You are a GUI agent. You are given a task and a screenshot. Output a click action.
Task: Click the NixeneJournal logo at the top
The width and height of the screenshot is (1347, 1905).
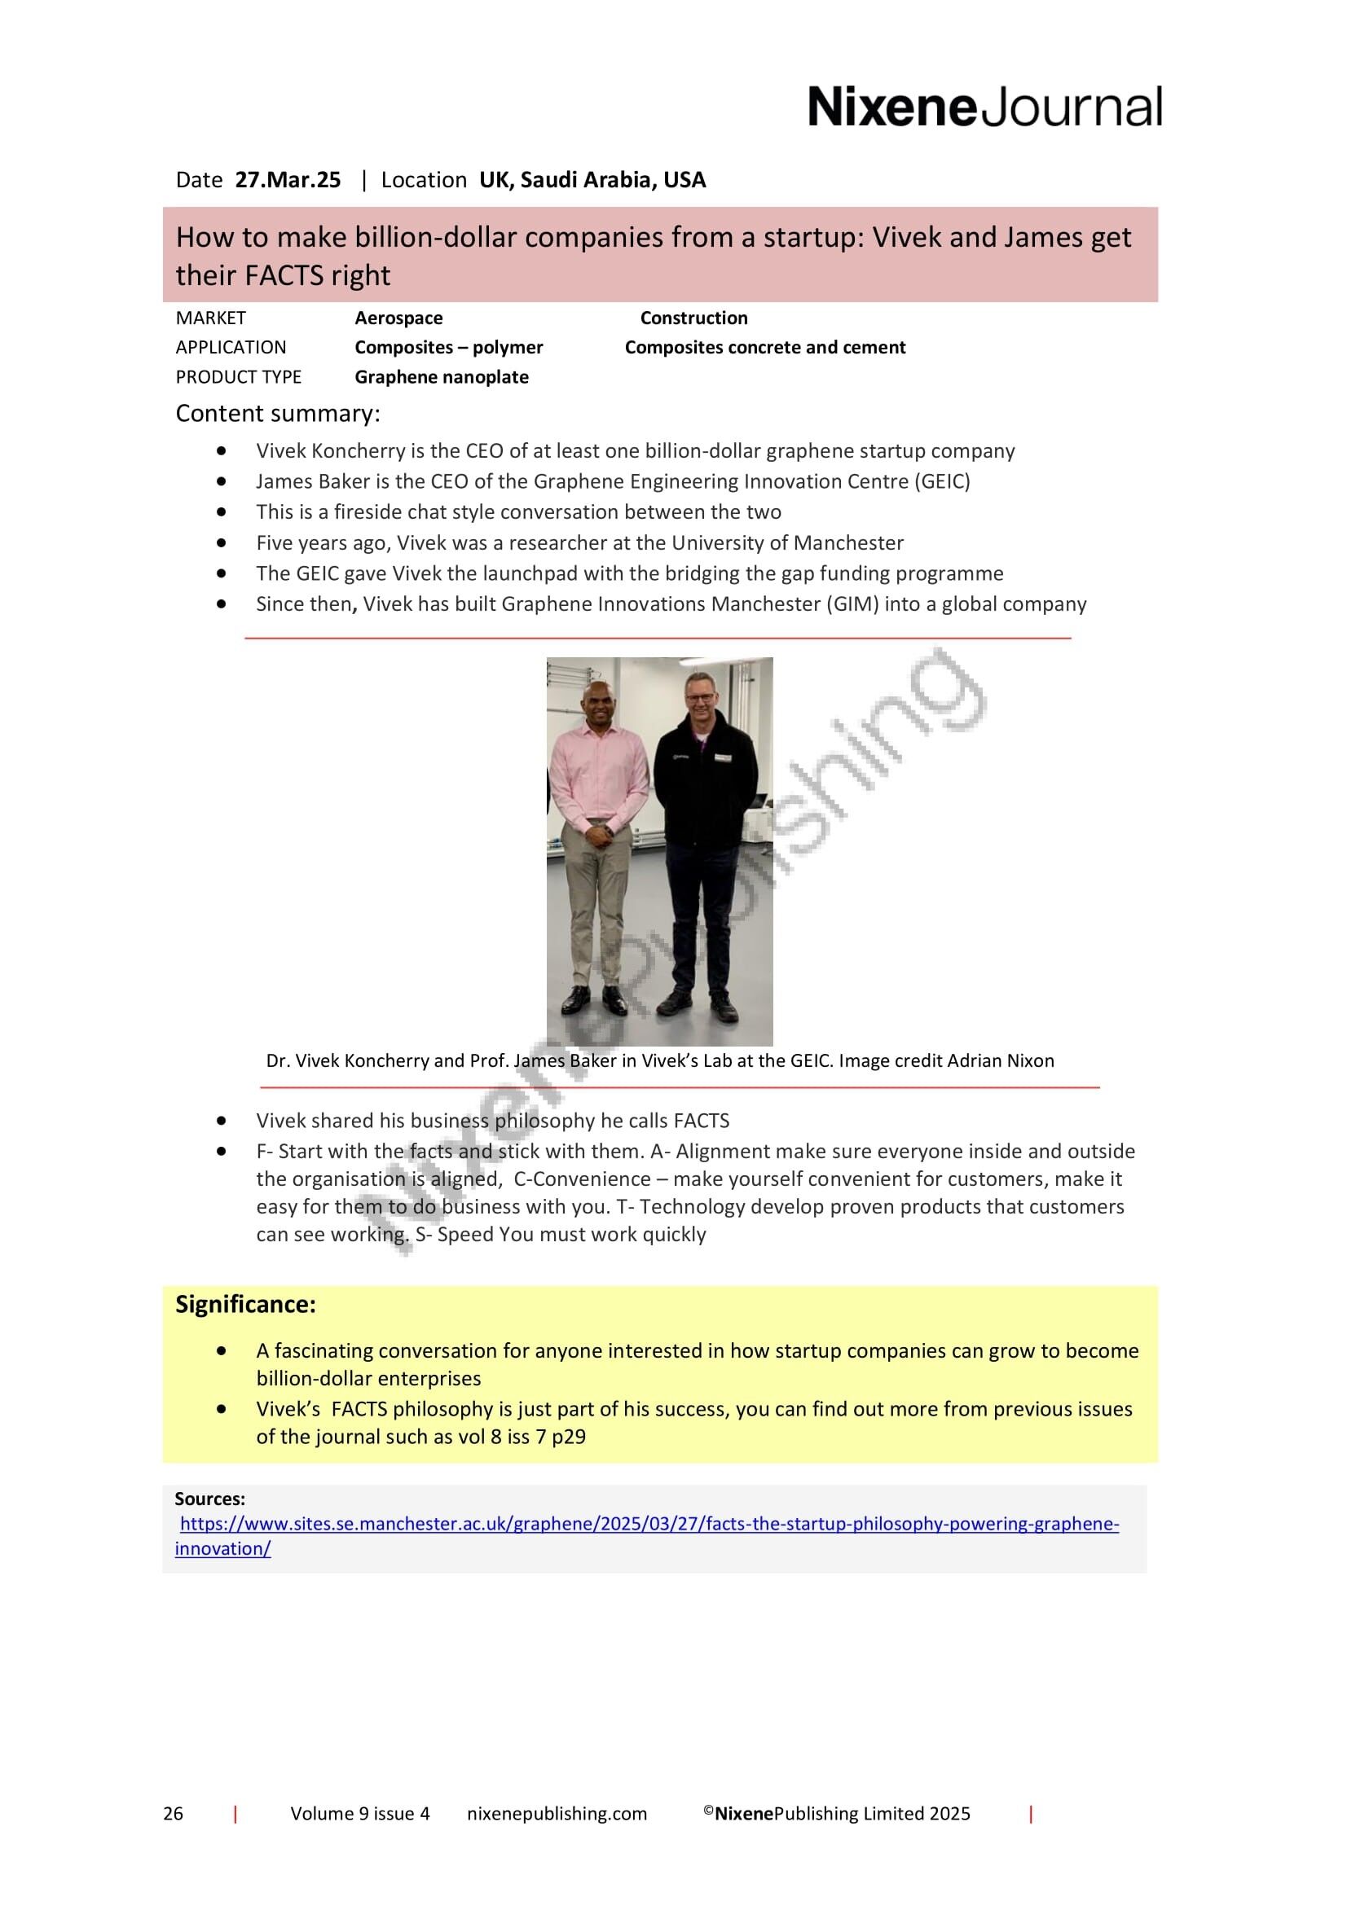pyautogui.click(x=984, y=107)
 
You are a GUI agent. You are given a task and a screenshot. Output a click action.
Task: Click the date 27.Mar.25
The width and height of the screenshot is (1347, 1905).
pyautogui.click(x=287, y=180)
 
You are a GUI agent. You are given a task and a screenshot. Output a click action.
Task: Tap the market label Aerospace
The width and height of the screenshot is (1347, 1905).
pyautogui.click(x=398, y=318)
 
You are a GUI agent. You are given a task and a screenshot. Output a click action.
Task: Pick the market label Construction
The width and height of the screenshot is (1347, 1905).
pyautogui.click(x=693, y=318)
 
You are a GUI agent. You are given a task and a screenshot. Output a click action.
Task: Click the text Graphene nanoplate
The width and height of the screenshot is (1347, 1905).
pyautogui.click(x=441, y=377)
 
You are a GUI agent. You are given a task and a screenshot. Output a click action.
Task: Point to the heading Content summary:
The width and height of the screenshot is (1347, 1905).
pyautogui.click(x=277, y=413)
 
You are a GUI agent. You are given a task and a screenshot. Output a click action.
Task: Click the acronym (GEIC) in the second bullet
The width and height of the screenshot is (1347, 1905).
pyautogui.click(x=942, y=481)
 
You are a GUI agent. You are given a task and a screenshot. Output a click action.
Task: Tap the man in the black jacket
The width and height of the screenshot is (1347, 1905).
pyautogui.click(x=706, y=830)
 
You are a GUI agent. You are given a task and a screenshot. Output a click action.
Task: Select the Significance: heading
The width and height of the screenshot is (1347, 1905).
pyautogui.click(x=244, y=1304)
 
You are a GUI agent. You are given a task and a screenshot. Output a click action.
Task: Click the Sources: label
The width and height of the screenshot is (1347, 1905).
pyautogui.click(x=209, y=1499)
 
